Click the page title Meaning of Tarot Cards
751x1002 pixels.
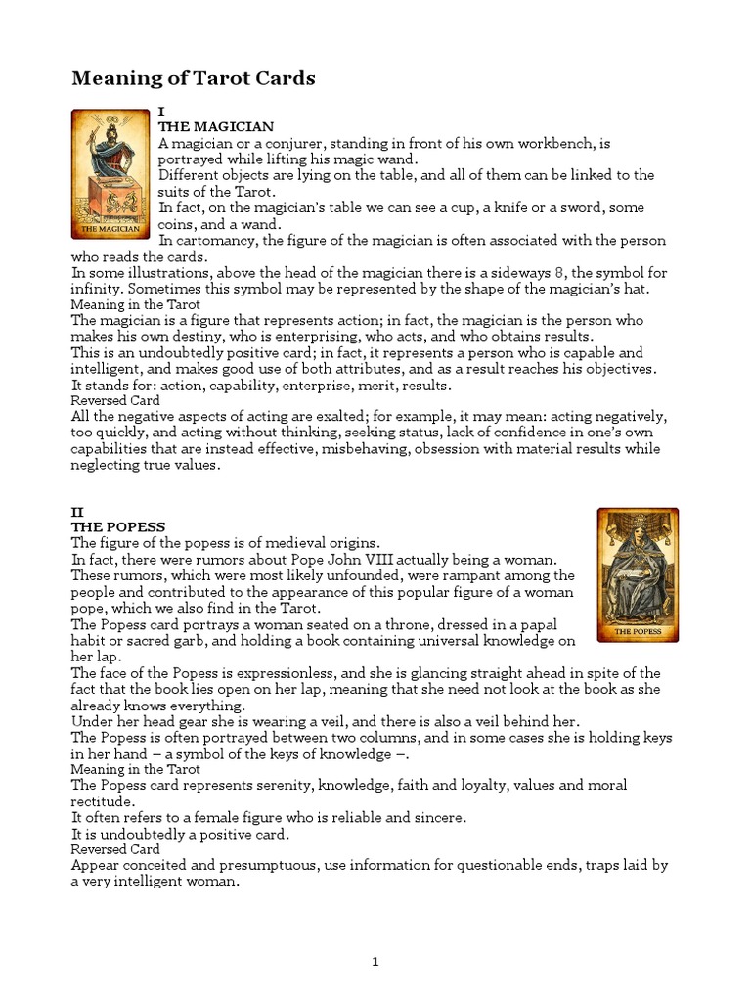193,79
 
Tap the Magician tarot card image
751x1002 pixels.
110,174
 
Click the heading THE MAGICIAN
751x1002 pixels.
216,127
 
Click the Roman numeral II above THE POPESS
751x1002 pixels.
77,511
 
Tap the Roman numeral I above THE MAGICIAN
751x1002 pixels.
161,112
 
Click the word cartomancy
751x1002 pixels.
218,240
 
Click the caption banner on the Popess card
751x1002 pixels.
638,632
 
